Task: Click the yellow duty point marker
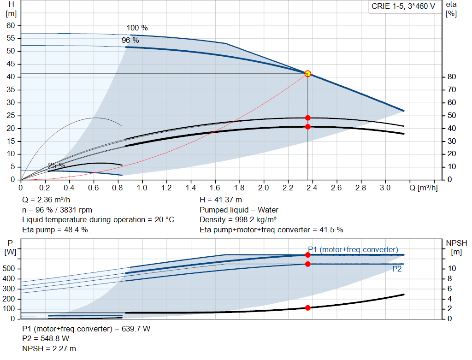pos(307,73)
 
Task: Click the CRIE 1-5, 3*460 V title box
pos(403,7)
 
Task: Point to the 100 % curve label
pos(137,28)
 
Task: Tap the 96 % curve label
pos(130,41)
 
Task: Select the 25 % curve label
pos(57,165)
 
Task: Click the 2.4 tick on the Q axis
pos(312,188)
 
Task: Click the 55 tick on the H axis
pos(11,38)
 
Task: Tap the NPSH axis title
pos(456,243)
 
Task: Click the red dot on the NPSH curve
pos(307,308)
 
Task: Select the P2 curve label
pos(397,269)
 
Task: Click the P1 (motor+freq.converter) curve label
pos(353,249)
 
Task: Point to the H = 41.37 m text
pos(221,200)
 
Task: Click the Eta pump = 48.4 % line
pos(55,230)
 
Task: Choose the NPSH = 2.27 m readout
pos(49,349)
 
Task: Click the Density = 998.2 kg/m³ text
pos(238,219)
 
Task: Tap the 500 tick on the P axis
pos(11,268)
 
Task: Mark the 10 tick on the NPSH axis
pos(452,268)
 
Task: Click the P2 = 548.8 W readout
pos(46,339)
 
